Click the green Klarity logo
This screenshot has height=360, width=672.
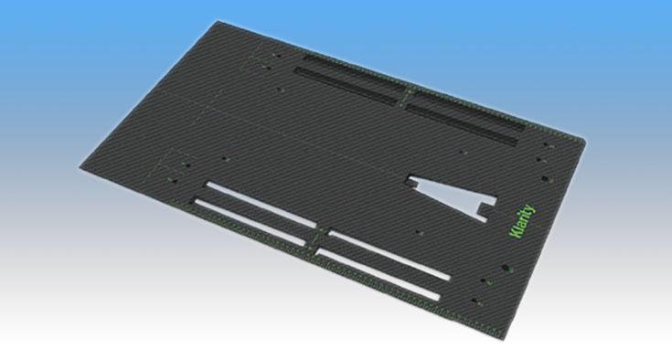tap(522, 221)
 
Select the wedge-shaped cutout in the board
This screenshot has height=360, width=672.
tap(453, 196)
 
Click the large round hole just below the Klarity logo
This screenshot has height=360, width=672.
tap(506, 269)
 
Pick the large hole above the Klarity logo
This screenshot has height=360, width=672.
tap(544, 178)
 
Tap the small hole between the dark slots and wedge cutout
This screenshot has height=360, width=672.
tap(462, 152)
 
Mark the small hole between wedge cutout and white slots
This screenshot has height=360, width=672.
tap(418, 232)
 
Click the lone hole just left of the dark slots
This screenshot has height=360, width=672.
tap(280, 90)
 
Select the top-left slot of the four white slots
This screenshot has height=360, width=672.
tap(261, 204)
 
